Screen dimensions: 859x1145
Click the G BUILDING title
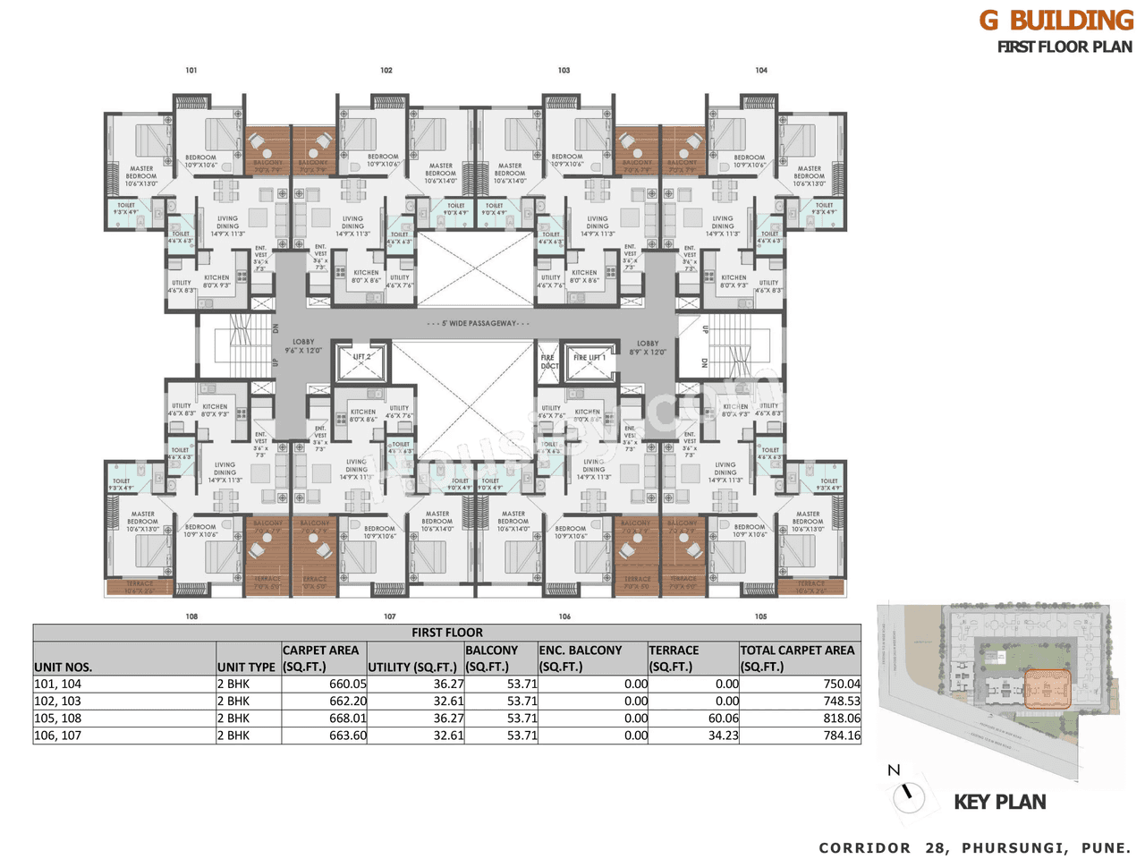pos(1056,21)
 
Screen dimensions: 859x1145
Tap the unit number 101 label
pos(191,70)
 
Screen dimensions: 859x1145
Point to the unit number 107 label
pos(390,617)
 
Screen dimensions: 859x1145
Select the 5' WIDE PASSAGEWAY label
pos(479,323)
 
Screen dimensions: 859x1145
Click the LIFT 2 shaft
pos(361,360)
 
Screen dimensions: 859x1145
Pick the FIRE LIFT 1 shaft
pos(589,360)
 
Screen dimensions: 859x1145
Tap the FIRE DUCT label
pos(549,361)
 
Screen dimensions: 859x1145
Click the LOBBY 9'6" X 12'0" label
pos(303,346)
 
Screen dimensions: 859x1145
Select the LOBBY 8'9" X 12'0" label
pos(648,347)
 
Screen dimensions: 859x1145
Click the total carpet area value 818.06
pos(842,719)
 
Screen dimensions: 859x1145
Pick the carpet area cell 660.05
pos(348,684)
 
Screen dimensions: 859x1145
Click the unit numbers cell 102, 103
pos(58,702)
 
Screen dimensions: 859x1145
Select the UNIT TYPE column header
pos(246,667)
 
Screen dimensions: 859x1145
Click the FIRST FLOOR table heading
pos(446,633)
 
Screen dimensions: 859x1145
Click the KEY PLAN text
pos(999,802)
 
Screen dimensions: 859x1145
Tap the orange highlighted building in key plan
pos(1046,690)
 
